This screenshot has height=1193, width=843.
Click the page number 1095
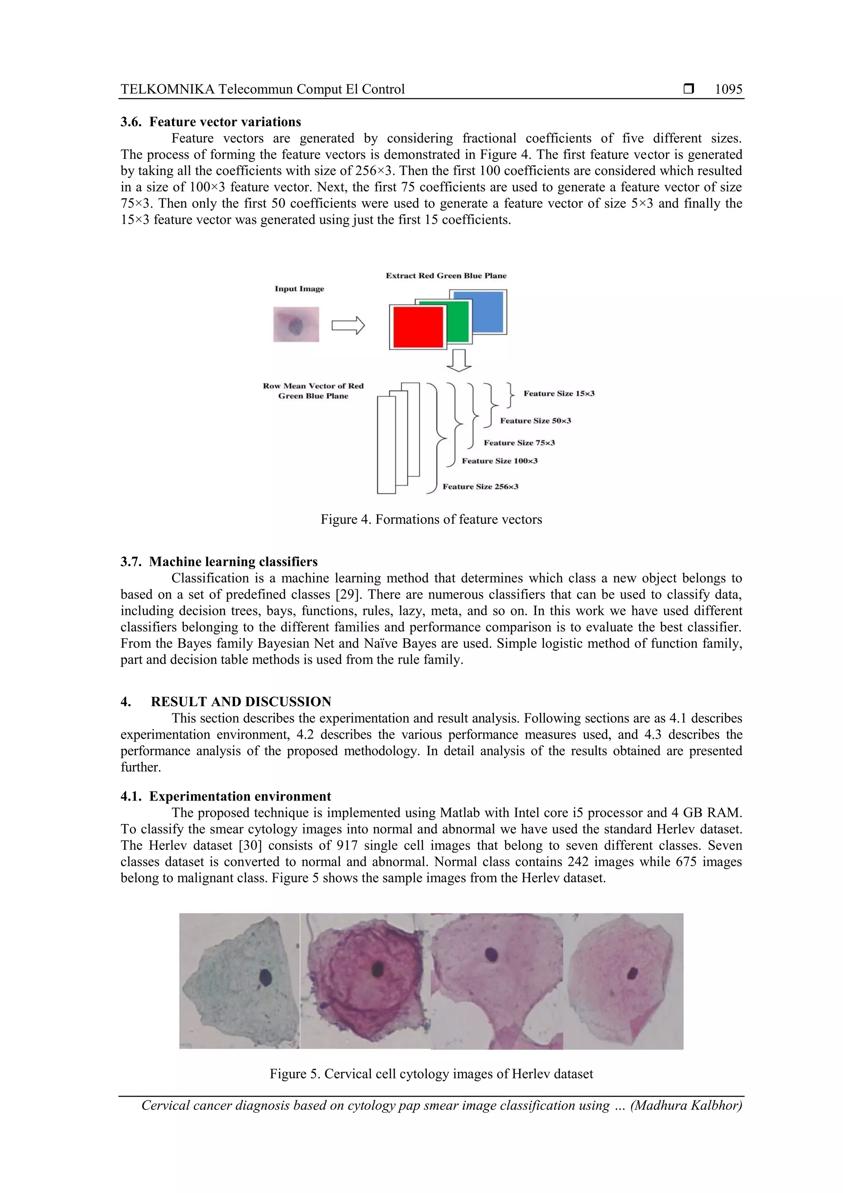coord(728,89)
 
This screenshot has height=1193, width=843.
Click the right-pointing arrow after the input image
coord(348,326)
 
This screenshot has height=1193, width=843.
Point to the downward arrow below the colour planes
coord(459,361)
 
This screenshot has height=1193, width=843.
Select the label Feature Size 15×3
coord(559,394)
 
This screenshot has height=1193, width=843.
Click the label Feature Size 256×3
coord(480,487)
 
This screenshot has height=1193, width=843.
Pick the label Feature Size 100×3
coord(500,461)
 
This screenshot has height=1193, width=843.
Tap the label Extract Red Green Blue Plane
coord(446,276)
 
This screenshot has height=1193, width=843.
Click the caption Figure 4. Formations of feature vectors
coord(431,520)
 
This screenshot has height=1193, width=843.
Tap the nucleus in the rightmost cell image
coord(633,973)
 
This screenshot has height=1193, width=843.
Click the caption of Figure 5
coord(431,1074)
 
